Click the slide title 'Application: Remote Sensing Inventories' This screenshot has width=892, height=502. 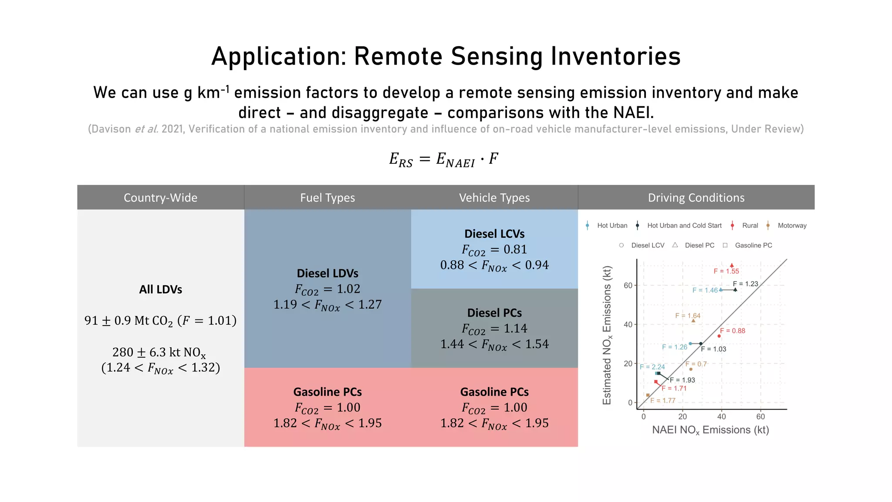click(446, 56)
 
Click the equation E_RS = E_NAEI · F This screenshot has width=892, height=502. click(443, 159)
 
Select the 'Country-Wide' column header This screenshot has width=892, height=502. click(160, 197)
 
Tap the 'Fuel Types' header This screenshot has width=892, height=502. click(327, 197)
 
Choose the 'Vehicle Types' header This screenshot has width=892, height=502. click(494, 197)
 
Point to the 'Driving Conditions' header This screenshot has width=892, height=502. click(696, 197)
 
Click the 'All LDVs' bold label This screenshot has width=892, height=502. click(160, 289)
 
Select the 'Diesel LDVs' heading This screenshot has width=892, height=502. click(327, 273)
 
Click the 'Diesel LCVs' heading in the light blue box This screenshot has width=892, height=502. click(494, 234)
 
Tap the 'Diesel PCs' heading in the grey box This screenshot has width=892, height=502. click(494, 313)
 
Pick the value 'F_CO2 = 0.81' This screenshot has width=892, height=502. click(494, 250)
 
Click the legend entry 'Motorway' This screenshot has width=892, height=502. click(791, 225)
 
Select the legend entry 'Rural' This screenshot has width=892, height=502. click(750, 225)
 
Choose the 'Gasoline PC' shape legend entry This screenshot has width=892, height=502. click(753, 245)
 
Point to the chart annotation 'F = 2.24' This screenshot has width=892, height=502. click(652, 367)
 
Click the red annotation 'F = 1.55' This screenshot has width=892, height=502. click(726, 271)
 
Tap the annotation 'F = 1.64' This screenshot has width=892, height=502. click(688, 315)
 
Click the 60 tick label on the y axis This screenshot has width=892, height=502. click(628, 285)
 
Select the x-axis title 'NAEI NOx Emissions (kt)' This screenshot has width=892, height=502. click(710, 430)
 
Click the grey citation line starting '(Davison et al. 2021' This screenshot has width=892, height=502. click(446, 129)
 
